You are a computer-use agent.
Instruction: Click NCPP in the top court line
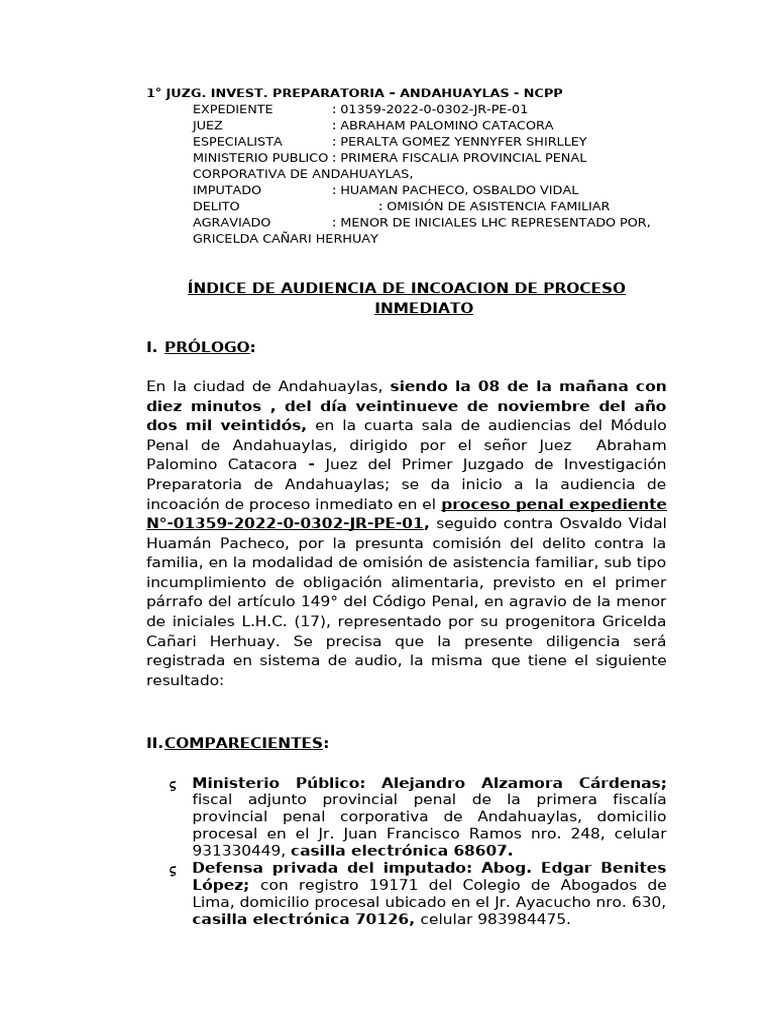click(542, 93)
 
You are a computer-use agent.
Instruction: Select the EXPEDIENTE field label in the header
click(232, 109)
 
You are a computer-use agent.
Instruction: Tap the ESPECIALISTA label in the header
click(237, 141)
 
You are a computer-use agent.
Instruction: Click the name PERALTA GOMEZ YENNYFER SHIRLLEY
click(464, 141)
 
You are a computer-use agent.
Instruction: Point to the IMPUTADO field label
click(227, 189)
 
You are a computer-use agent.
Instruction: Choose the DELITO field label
click(216, 205)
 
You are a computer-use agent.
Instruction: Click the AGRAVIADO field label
click(231, 221)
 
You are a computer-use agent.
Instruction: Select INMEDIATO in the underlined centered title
click(423, 309)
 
